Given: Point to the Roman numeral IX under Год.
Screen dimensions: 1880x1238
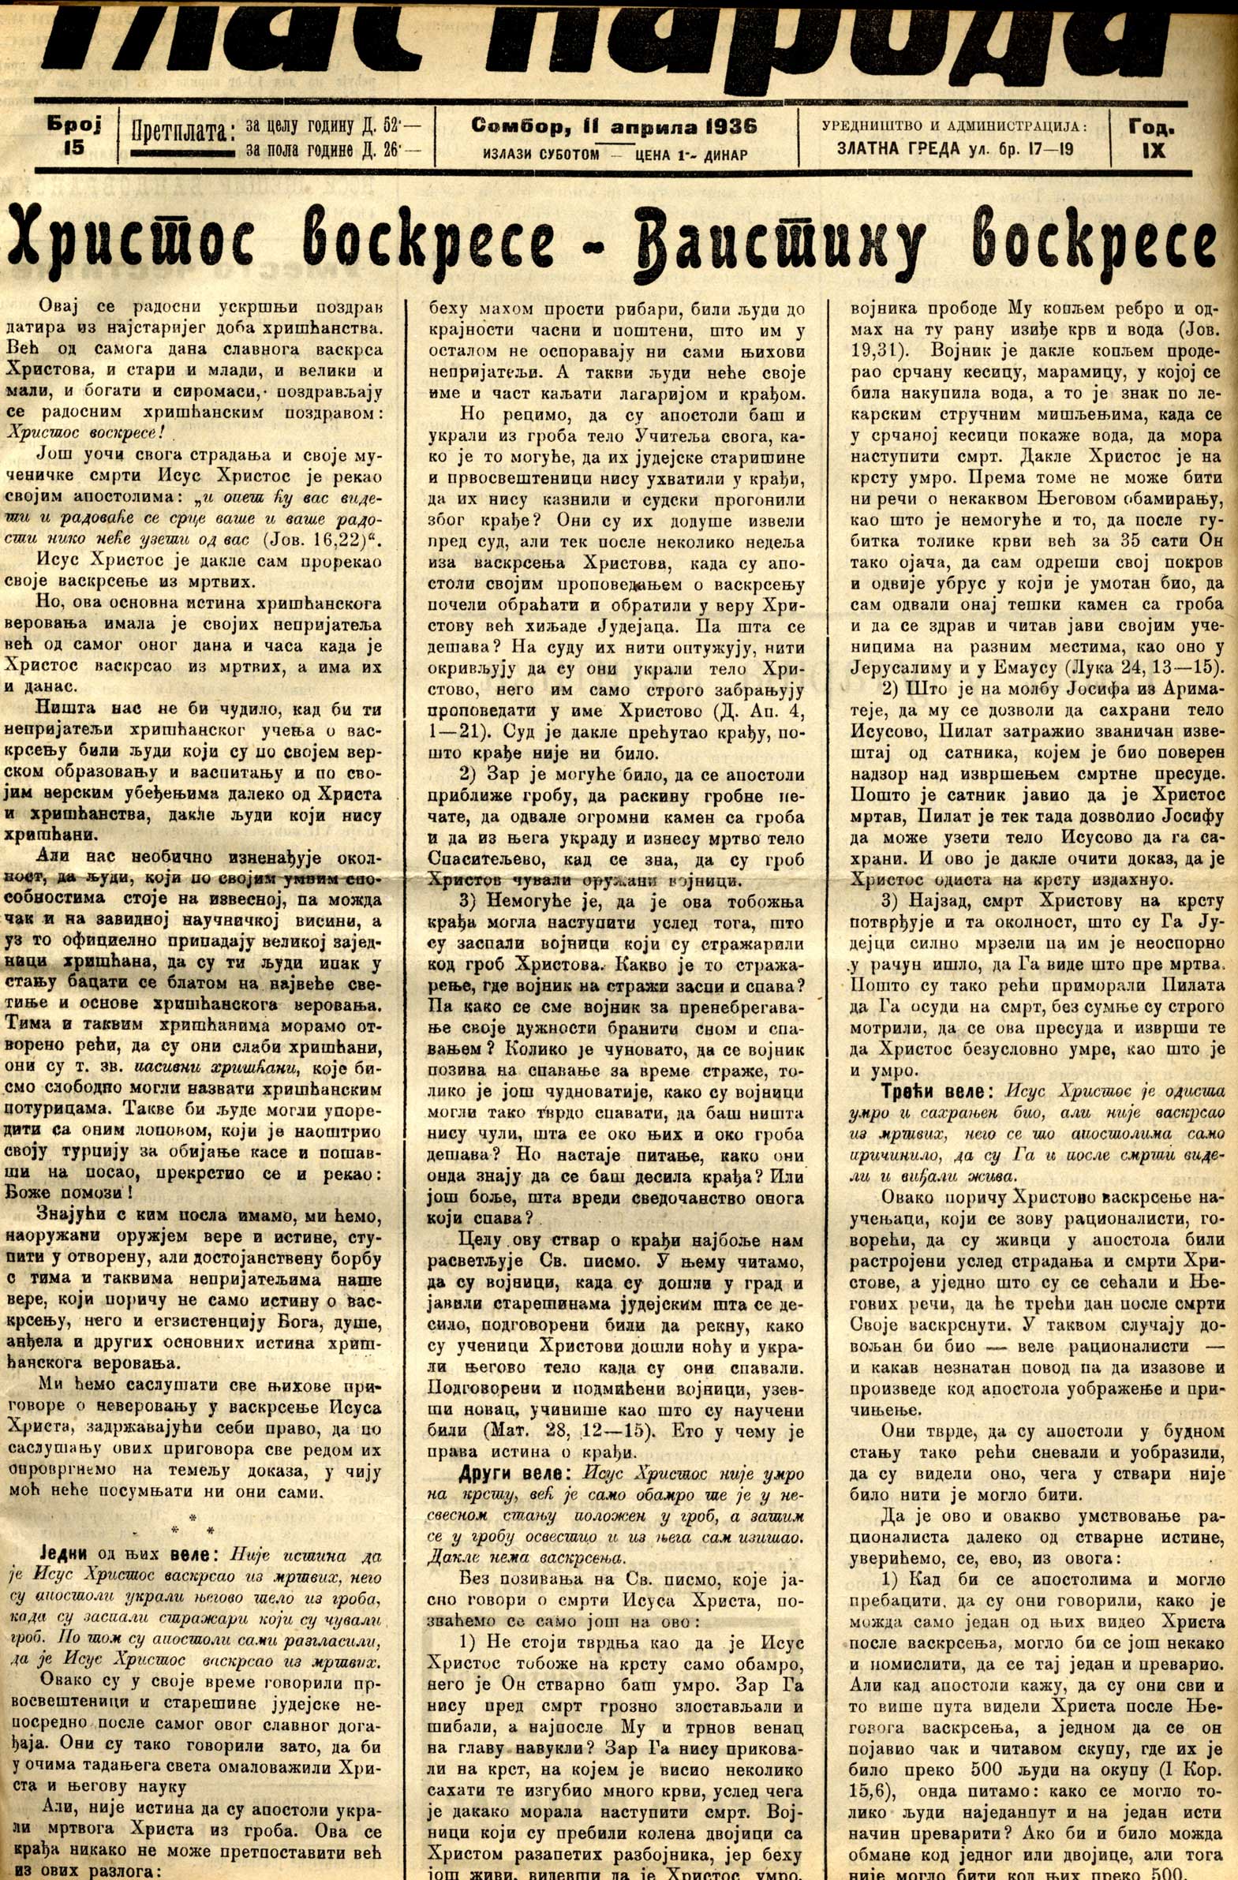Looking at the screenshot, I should coord(1154,149).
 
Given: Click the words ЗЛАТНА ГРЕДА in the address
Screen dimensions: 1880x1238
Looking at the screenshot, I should coord(899,148).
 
